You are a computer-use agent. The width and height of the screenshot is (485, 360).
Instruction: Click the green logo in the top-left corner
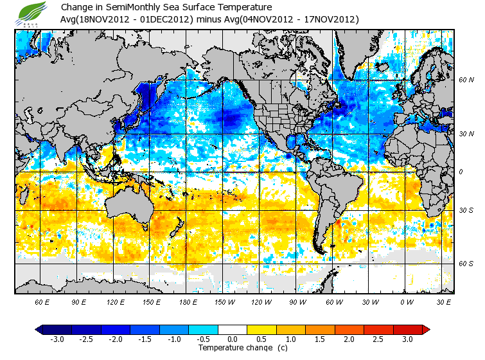[33, 13]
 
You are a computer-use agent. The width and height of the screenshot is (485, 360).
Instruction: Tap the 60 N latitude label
[466, 80]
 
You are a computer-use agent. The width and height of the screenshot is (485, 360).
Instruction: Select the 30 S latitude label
[466, 210]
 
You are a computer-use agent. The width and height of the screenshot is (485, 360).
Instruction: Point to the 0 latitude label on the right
[461, 172]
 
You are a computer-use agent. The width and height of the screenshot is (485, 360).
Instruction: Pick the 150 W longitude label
[224, 301]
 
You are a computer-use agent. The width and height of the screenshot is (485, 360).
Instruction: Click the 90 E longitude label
[79, 301]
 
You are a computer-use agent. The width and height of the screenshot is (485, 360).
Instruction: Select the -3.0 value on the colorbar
[58, 339]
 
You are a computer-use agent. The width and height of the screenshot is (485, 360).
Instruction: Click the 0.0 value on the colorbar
[233, 339]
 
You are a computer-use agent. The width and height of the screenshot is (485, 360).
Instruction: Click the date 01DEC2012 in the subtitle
[170, 19]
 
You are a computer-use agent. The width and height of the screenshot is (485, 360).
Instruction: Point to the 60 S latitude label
[466, 264]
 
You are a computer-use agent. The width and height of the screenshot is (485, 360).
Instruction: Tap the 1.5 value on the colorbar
[321, 339]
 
